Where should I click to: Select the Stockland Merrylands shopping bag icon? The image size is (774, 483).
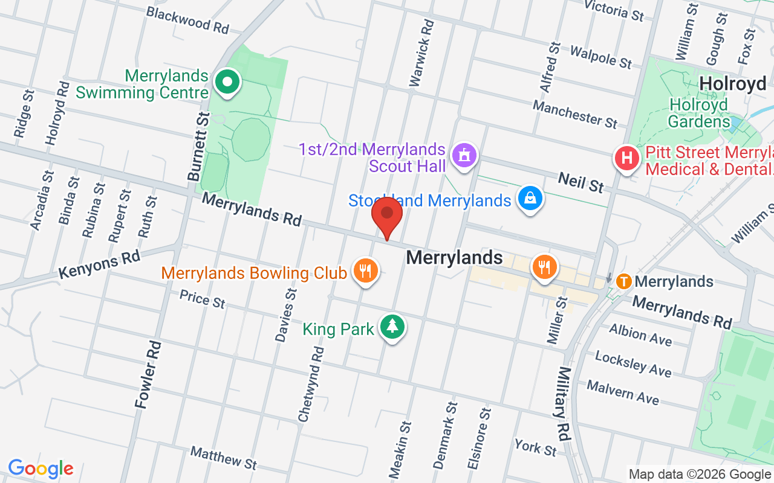click(530, 199)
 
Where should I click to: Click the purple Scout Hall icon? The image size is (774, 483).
click(464, 156)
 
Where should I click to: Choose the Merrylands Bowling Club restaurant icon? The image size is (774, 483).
click(364, 270)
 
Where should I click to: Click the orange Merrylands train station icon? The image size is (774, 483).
click(624, 281)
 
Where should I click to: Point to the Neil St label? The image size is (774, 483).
click(580, 181)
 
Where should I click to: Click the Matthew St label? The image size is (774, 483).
click(223, 458)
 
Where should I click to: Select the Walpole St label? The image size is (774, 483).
click(601, 56)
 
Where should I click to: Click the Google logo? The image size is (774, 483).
click(41, 469)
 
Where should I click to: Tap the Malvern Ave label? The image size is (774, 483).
click(622, 392)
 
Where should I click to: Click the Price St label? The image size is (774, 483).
click(202, 298)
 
